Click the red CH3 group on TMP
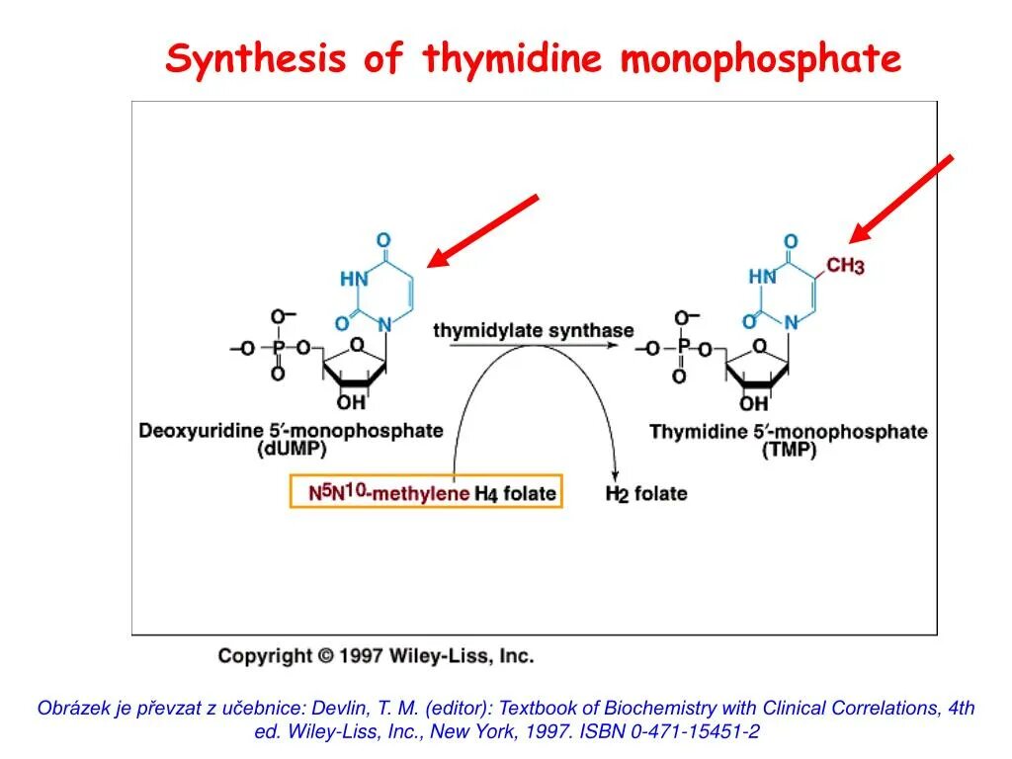[845, 266]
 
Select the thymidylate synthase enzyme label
[533, 330]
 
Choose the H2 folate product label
[645, 492]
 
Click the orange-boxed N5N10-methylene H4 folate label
[426, 491]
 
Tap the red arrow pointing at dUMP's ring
[482, 231]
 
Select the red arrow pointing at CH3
[901, 199]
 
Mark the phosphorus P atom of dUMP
[278, 347]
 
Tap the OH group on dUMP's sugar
[350, 402]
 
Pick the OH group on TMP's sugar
[753, 403]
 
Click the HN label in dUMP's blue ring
[354, 279]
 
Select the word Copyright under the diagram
[264, 655]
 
